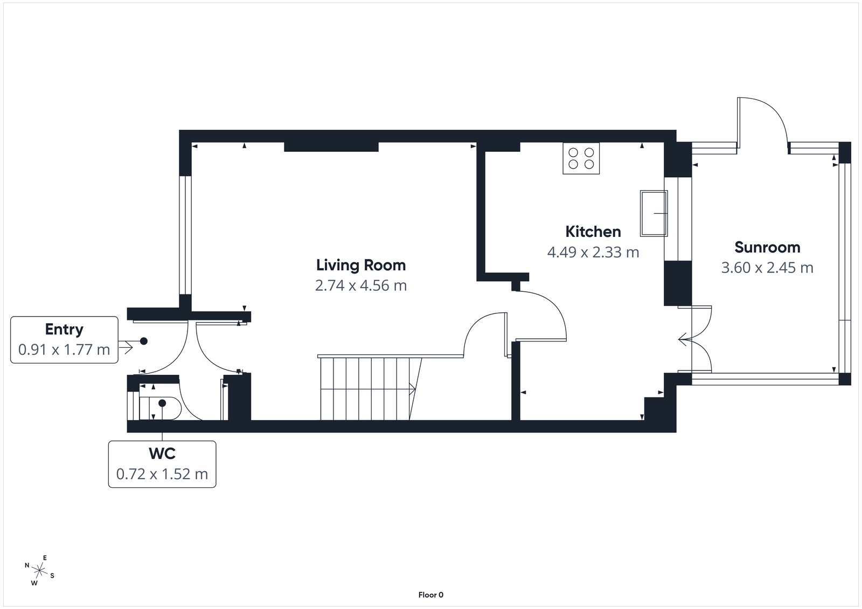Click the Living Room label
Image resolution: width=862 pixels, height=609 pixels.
(360, 265)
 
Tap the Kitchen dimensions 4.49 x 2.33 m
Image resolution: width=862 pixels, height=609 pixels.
(593, 252)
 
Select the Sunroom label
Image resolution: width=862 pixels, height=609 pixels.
(767, 247)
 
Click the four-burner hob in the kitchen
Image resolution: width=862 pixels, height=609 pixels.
(581, 158)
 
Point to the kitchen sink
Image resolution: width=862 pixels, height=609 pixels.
(654, 213)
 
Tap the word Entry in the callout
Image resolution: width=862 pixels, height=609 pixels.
(64, 329)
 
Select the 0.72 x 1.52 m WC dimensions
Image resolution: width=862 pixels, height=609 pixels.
(162, 474)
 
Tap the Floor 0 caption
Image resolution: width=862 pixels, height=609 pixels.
(430, 595)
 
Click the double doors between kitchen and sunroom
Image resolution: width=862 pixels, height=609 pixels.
(700, 340)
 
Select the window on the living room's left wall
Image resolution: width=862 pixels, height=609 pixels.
(185, 235)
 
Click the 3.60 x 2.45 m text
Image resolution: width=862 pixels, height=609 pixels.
(767, 268)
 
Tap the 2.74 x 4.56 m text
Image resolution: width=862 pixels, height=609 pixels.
(360, 285)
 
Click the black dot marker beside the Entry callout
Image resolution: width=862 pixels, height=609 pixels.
(144, 341)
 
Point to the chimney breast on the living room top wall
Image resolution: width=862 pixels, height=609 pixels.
(331, 146)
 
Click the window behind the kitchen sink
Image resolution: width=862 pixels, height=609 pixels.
(678, 218)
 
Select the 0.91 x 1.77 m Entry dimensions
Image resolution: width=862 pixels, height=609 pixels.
(64, 349)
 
